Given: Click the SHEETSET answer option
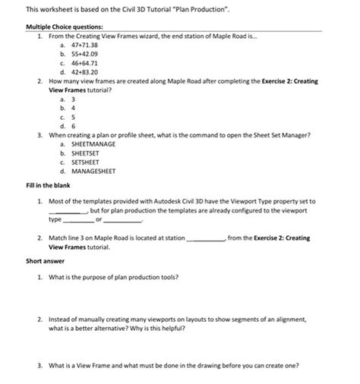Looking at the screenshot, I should [87, 153].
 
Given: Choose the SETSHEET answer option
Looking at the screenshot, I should [87, 162].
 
